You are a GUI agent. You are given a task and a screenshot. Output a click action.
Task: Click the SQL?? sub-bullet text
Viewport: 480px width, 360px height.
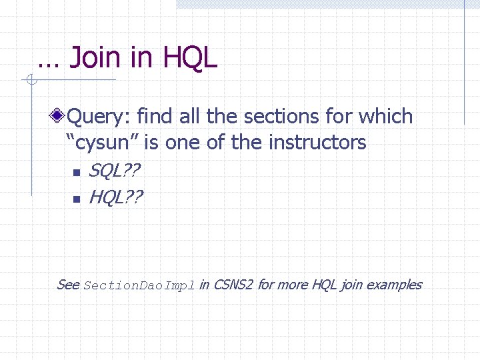click(x=114, y=172)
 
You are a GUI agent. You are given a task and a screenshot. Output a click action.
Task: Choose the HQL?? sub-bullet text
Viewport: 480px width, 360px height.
click(x=115, y=197)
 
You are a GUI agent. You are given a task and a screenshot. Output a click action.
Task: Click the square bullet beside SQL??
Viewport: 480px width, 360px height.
click(x=76, y=173)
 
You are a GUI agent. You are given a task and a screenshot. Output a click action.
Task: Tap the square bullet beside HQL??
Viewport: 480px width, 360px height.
click(x=76, y=198)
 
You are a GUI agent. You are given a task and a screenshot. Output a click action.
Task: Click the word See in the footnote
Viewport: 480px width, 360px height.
click(x=68, y=285)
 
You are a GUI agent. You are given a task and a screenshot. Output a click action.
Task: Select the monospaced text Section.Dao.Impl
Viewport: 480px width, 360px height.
click(x=139, y=286)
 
